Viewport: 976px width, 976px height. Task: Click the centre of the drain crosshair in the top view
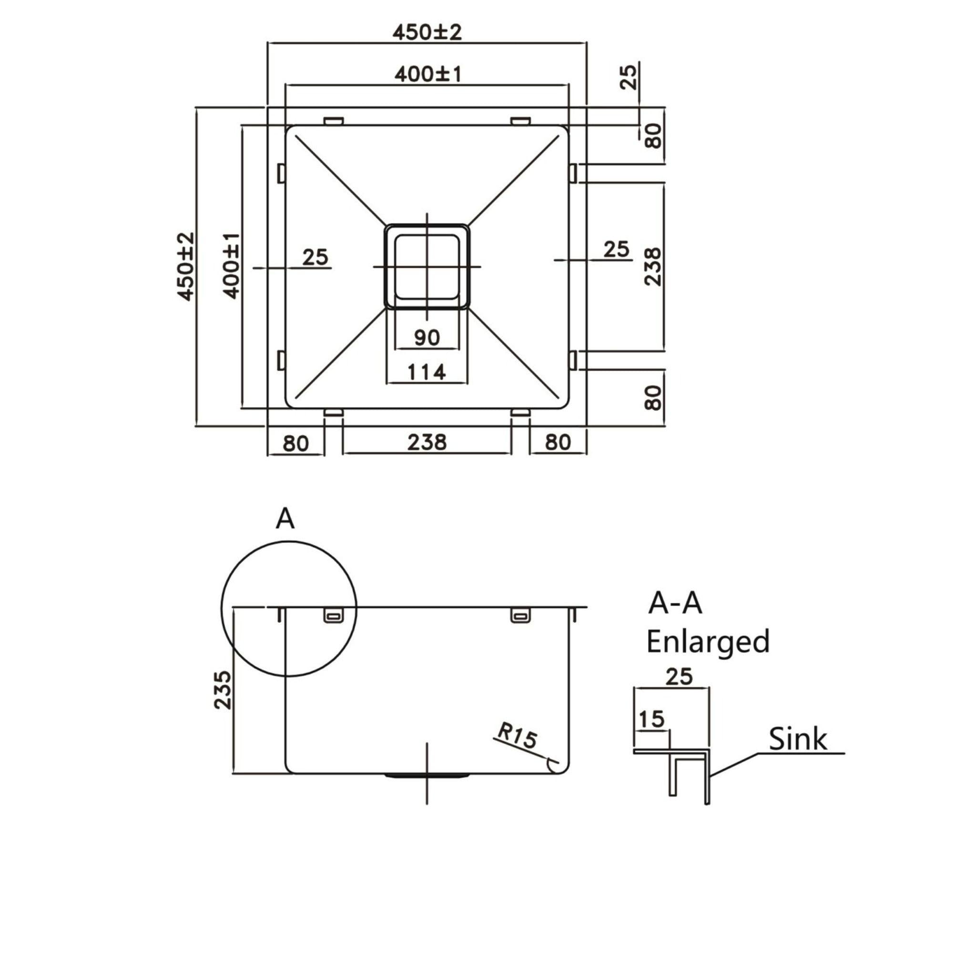click(427, 266)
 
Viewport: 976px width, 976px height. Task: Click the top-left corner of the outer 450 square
click(267, 108)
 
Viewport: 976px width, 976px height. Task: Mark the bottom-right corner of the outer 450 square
click(587, 427)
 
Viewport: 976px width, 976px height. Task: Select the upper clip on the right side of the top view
click(573, 173)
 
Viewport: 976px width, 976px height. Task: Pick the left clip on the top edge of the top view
click(334, 121)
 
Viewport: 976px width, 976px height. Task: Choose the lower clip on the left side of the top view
click(281, 360)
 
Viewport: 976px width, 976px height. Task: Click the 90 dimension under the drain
click(427, 337)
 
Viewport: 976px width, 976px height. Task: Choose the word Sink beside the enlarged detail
click(798, 740)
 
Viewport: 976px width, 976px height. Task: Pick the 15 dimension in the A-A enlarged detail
click(651, 719)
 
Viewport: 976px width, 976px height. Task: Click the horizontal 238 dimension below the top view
click(427, 443)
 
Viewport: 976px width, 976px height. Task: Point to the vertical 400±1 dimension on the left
click(231, 266)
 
